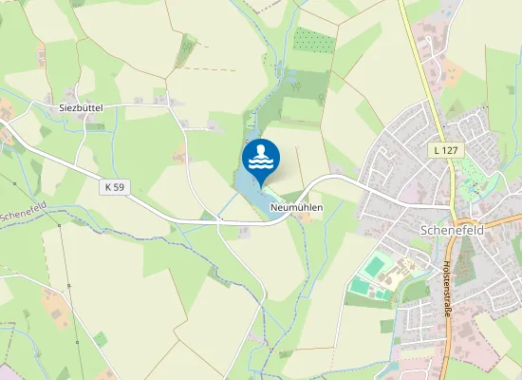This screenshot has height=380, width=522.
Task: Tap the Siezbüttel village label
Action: pyautogui.click(x=80, y=108)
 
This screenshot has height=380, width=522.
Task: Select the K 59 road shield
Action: pyautogui.click(x=113, y=187)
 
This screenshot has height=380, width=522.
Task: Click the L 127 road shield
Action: pyautogui.click(x=443, y=150)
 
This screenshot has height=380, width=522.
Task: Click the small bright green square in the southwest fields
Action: pyautogui.click(x=101, y=338)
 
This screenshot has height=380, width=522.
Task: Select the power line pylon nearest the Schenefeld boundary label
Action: pyautogui.click(x=59, y=226)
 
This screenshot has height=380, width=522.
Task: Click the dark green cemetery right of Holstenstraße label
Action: pyautogui.click(x=466, y=257)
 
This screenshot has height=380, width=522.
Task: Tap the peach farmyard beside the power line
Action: pyautogui.click(x=57, y=304)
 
